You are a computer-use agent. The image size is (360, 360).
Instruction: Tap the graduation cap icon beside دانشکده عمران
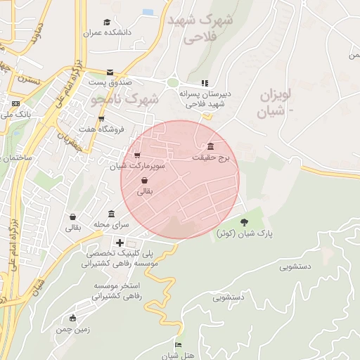(x=106, y=22)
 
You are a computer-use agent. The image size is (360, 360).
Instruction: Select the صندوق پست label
(x=110, y=82)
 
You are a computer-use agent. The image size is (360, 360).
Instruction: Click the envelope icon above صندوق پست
(x=110, y=72)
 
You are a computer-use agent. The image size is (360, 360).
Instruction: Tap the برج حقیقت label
(x=211, y=158)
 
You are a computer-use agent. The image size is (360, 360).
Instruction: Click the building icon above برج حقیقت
(x=212, y=146)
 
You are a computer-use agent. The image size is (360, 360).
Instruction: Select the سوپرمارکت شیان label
(x=137, y=166)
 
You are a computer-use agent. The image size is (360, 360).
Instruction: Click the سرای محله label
(x=112, y=224)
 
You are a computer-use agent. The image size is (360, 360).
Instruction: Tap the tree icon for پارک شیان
(x=244, y=222)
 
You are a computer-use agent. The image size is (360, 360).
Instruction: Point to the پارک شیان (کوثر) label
(x=244, y=233)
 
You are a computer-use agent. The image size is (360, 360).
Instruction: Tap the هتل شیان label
(x=177, y=354)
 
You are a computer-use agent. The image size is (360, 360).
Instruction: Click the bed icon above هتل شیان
(x=177, y=345)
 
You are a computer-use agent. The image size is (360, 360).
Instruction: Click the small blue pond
(x=148, y=13)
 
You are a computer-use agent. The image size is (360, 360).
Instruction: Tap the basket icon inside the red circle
(x=144, y=180)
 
